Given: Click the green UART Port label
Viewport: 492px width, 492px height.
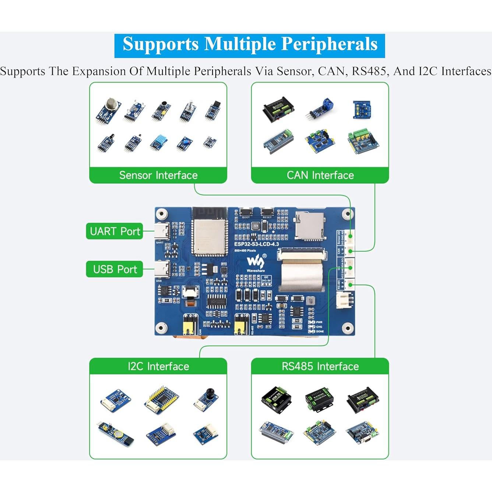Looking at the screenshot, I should tap(115, 231).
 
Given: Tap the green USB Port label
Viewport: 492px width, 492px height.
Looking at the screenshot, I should tap(115, 269).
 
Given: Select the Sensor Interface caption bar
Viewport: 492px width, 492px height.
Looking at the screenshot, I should tap(158, 175).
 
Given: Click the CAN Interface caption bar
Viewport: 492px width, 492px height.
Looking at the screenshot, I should tap(320, 175).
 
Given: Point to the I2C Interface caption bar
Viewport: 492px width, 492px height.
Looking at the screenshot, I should tap(158, 366).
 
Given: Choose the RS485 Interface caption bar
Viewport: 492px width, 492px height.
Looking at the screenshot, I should tap(320, 366).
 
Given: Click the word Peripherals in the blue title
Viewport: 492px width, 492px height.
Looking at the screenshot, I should tap(329, 44).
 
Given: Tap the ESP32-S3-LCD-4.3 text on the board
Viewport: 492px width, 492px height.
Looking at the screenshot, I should tap(256, 244).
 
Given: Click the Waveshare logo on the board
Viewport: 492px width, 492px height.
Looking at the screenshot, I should tap(255, 262).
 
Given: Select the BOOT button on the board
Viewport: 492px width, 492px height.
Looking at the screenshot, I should tap(246, 212).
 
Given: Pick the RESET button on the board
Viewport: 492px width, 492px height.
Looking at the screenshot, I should tap(267, 212).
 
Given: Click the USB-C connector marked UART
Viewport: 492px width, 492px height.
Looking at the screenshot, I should tap(162, 231).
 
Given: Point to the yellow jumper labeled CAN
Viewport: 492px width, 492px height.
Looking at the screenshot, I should tap(190, 326).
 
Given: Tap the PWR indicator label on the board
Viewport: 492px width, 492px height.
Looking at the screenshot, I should tap(319, 322).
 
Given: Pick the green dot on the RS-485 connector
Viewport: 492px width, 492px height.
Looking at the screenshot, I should tap(350, 285).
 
